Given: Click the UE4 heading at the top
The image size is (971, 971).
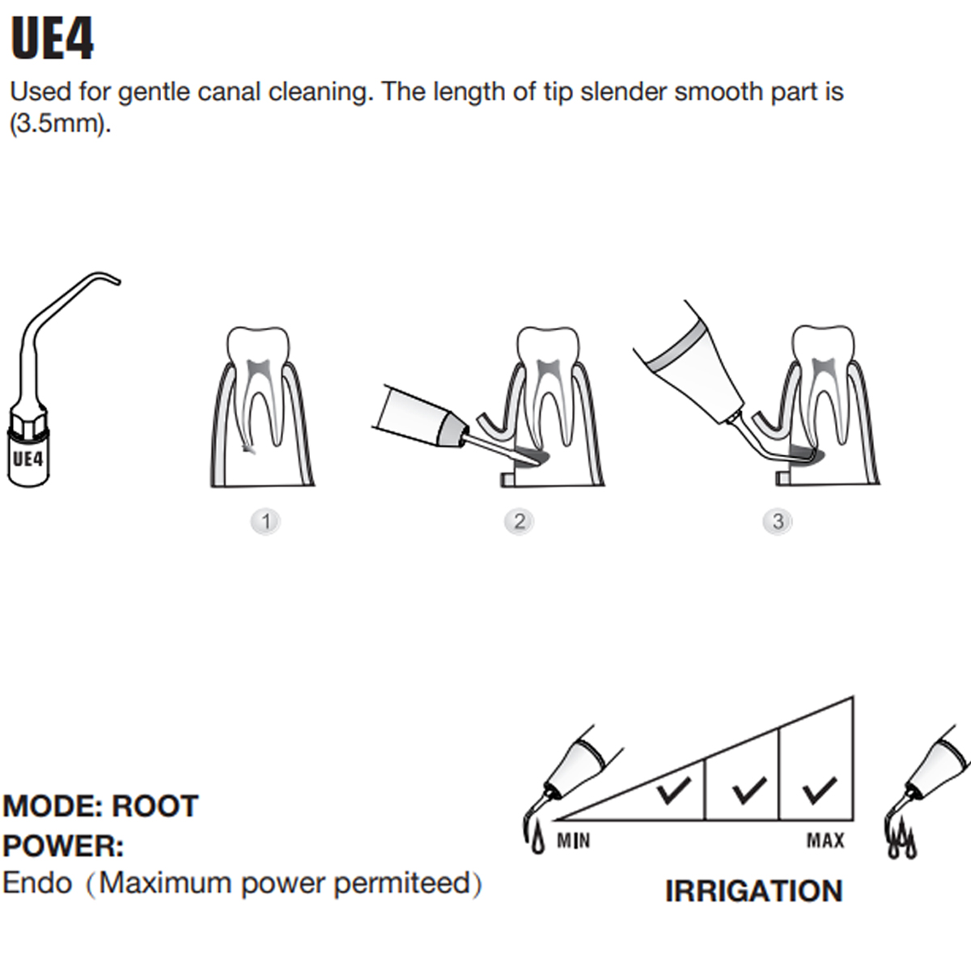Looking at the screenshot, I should [x=53, y=39].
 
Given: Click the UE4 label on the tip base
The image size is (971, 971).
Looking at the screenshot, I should [x=28, y=459].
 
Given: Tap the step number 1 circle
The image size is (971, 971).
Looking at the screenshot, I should [x=266, y=521].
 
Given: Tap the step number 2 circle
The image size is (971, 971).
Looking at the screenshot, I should [x=519, y=521].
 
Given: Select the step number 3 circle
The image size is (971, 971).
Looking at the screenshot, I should [x=778, y=521].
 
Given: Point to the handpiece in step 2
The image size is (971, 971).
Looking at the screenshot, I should [x=421, y=417].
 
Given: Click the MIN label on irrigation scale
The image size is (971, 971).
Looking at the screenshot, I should [x=573, y=841].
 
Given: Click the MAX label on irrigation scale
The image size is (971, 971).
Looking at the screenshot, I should [x=825, y=841].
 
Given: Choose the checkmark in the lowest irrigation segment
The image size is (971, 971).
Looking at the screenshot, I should [x=673, y=791].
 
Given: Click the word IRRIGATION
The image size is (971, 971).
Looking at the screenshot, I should [x=753, y=891].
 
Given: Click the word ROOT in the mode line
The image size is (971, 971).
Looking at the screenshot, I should [x=155, y=806].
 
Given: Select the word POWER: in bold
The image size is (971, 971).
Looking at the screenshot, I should [x=63, y=846].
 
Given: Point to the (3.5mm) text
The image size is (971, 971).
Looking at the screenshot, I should [x=58, y=125].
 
